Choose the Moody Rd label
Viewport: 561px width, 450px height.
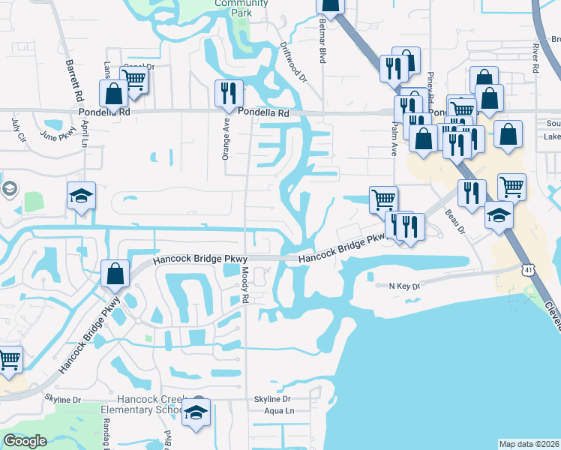click(245, 288)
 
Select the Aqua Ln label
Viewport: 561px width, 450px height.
click(279, 411)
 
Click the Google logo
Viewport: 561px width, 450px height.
click(25, 441)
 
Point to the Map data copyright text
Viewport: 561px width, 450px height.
click(529, 444)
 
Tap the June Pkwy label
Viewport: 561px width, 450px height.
click(57, 136)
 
